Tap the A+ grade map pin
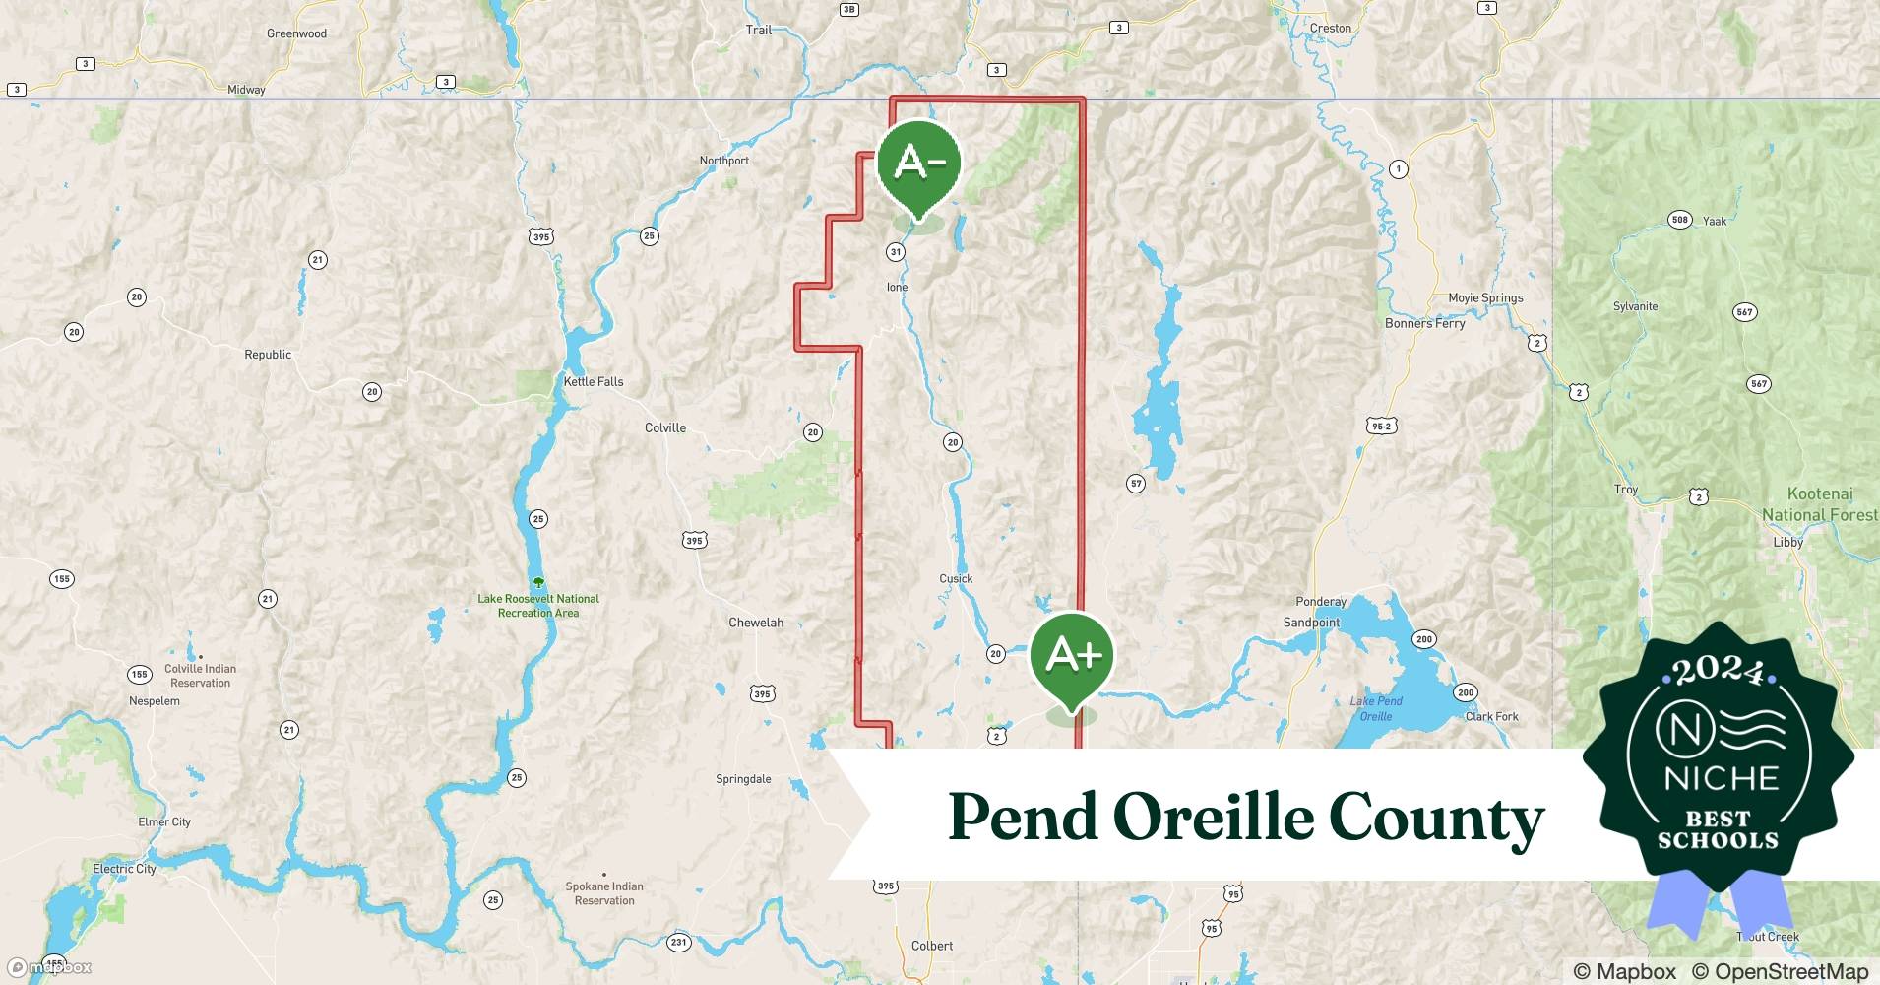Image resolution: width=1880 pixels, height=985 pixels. tap(1071, 656)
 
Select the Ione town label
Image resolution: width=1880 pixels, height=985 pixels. tap(897, 288)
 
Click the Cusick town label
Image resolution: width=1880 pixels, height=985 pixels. tap(956, 579)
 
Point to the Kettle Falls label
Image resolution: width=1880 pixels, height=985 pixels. tap(593, 382)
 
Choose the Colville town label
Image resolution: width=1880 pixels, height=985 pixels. tap(665, 428)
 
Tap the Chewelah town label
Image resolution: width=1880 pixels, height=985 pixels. tap(756, 623)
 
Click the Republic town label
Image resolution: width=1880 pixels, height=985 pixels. tap(268, 355)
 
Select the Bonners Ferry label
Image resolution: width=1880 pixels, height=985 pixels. tap(1424, 323)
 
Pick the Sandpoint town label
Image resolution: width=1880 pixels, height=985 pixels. tap(1311, 623)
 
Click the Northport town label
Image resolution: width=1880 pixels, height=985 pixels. tap(724, 161)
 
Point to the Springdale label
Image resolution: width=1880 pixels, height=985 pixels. tap(743, 779)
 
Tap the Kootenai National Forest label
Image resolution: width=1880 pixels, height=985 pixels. tap(1819, 504)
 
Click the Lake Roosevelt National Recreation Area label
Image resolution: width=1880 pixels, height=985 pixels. tap(538, 605)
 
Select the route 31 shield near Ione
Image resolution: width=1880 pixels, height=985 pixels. tap(895, 252)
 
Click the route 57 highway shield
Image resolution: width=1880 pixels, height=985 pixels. tap(1136, 484)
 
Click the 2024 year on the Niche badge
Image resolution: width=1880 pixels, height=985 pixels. tap(1718, 671)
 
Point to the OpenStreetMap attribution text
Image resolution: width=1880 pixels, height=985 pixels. tap(1780, 971)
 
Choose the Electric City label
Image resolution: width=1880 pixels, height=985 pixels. tap(124, 869)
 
